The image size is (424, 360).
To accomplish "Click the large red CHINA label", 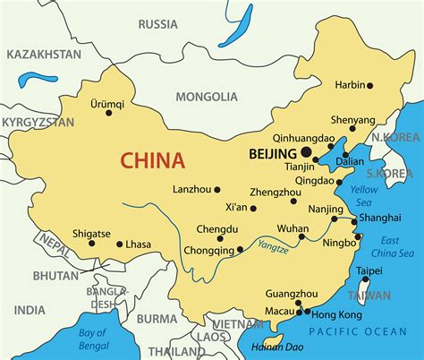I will click(152, 161).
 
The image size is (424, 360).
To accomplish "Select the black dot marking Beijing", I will click(308, 154).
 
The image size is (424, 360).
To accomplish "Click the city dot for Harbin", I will click(369, 85).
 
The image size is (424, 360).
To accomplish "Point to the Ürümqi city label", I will click(107, 103).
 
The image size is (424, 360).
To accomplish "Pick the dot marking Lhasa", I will click(120, 244).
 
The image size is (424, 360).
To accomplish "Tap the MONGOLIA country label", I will click(207, 96).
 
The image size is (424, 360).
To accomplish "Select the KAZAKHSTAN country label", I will click(44, 55).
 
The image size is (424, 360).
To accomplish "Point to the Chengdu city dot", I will click(220, 238).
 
